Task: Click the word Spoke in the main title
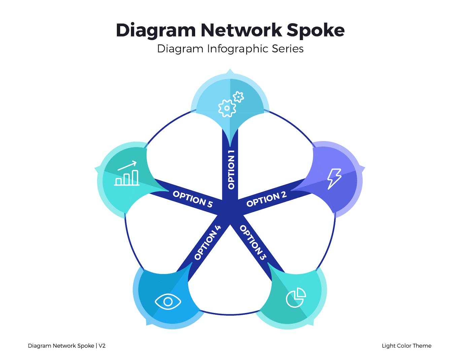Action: (315, 30)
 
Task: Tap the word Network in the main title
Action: (241, 30)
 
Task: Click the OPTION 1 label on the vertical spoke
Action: (231, 170)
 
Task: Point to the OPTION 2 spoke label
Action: (266, 199)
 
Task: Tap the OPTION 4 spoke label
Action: (207, 242)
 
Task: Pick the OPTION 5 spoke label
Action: (193, 199)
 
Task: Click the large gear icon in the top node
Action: (227, 108)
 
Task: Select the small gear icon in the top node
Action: (238, 97)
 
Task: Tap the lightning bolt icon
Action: (334, 178)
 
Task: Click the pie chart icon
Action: (295, 298)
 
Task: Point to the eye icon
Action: (168, 301)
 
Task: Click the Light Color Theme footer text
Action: (406, 346)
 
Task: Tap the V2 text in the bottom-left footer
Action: (102, 346)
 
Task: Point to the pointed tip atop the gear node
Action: (230, 71)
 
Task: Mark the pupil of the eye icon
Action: (168, 301)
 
